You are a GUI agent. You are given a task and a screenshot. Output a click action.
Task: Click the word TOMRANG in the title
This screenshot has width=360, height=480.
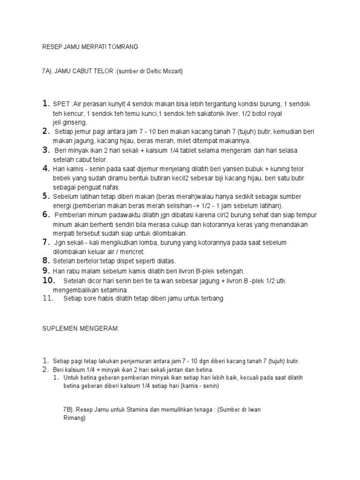[x=123, y=47]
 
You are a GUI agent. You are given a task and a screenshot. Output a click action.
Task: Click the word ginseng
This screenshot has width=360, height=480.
[x=72, y=122]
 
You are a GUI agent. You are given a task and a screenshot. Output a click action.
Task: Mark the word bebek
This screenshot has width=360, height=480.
[x=60, y=178]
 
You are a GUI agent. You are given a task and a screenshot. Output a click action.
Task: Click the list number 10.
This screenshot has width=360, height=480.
[x=49, y=280]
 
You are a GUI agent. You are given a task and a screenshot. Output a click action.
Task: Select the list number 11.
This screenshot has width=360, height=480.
[x=48, y=299]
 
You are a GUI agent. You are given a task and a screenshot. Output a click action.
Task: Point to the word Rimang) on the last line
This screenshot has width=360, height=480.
[x=74, y=419]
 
